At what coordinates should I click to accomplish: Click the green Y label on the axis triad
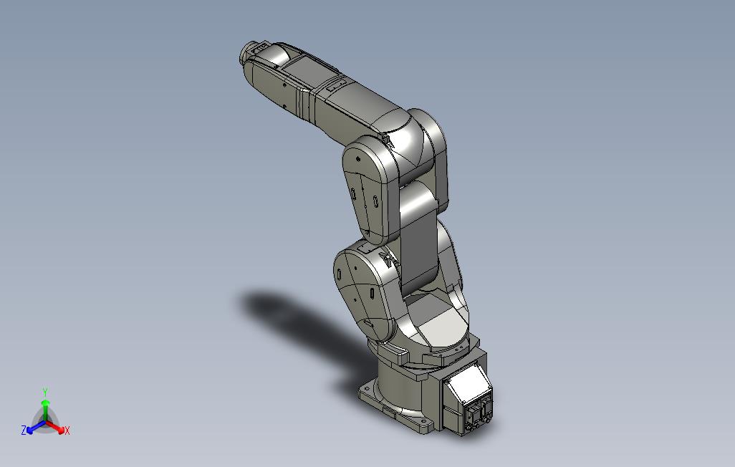point(44,392)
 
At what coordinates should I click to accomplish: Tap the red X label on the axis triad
point(67,430)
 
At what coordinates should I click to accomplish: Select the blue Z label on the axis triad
point(24,430)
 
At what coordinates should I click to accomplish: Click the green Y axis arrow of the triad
point(44,408)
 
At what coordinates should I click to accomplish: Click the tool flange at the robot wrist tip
point(246,54)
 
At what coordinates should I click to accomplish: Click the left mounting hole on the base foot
point(367,390)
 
